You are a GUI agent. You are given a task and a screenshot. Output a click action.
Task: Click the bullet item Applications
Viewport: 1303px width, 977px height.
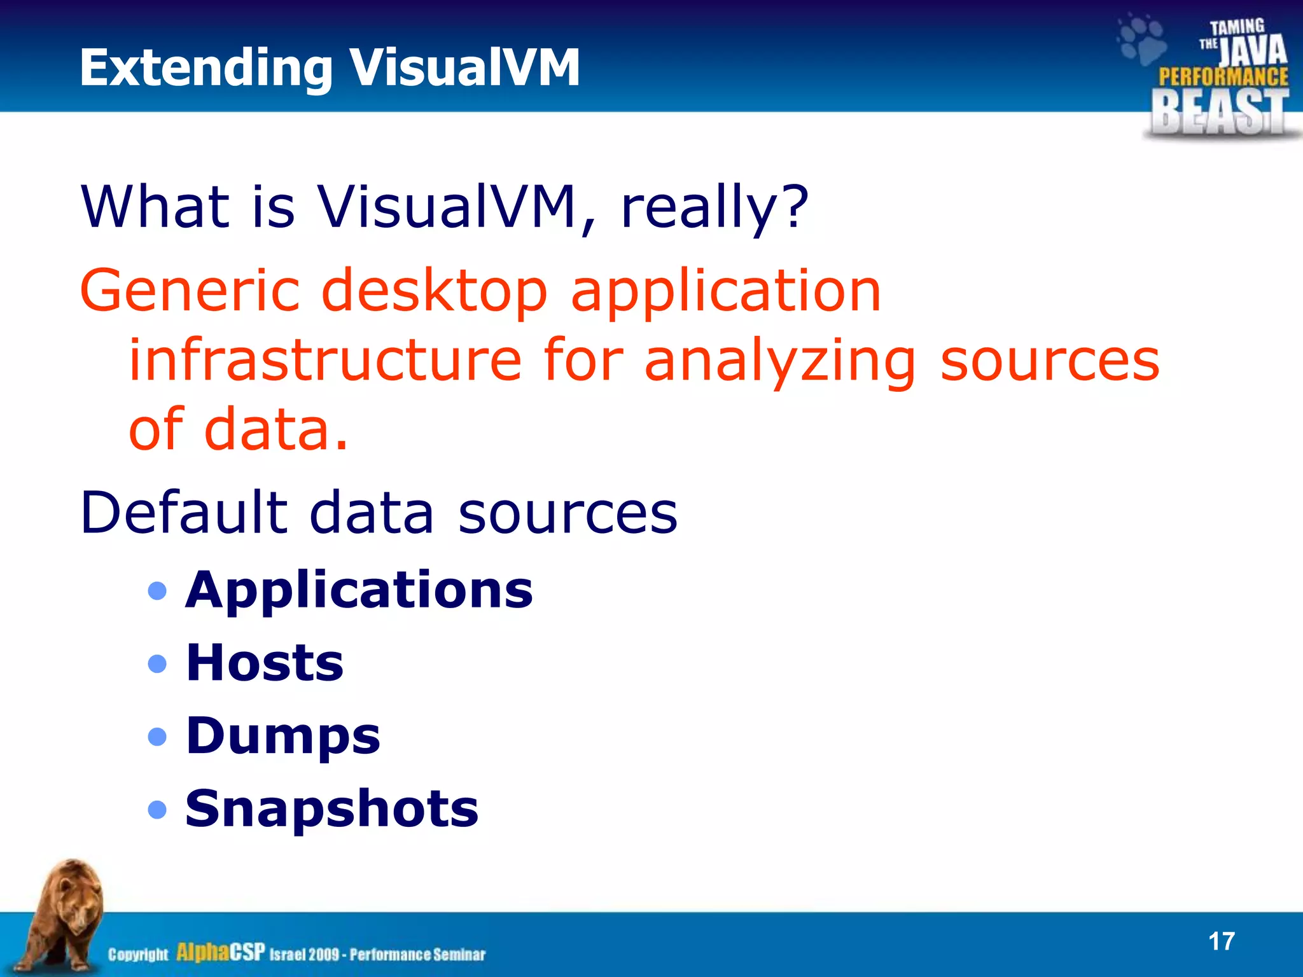click(359, 590)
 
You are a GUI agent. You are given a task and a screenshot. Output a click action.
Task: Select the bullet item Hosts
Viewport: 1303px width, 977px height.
click(265, 663)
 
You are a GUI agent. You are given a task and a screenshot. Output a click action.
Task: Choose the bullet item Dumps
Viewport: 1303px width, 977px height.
click(282, 736)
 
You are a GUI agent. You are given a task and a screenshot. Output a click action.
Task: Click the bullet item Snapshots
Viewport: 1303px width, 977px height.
click(331, 808)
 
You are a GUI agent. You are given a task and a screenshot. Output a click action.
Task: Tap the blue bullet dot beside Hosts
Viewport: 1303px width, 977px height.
click(157, 664)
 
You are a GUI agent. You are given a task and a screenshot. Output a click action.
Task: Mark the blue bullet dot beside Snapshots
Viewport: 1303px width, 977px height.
click(157, 810)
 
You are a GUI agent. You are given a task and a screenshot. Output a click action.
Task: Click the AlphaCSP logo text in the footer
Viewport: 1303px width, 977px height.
click(220, 952)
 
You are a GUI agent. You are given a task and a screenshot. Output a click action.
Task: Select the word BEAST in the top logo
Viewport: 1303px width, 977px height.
click(1220, 113)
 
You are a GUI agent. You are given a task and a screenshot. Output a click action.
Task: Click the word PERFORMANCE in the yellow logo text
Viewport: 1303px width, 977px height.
click(1223, 77)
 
